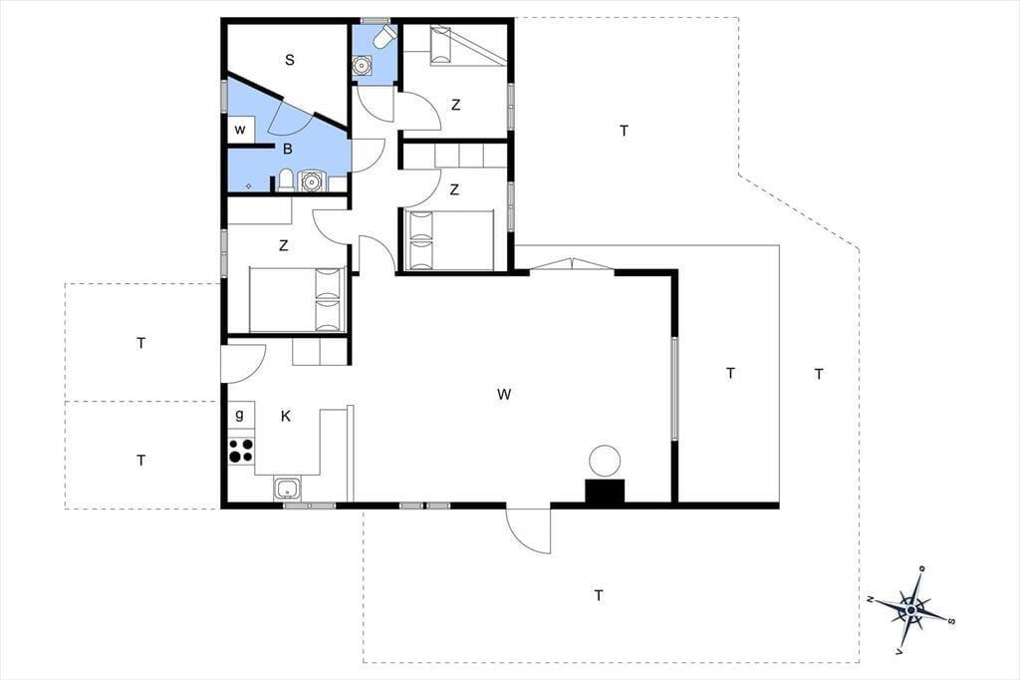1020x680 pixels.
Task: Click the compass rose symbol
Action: click(x=912, y=609)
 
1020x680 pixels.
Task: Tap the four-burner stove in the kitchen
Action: click(x=241, y=451)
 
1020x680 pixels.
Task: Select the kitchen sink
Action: click(x=287, y=489)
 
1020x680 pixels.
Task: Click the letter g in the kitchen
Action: click(x=239, y=415)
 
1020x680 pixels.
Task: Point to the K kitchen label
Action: click(x=286, y=416)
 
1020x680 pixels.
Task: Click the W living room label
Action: click(x=503, y=394)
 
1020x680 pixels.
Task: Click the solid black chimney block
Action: click(x=605, y=492)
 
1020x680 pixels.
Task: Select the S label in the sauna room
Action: click(x=290, y=60)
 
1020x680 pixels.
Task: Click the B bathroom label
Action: click(x=288, y=150)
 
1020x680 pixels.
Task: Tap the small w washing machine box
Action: click(x=240, y=130)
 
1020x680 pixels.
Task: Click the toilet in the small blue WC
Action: click(x=384, y=37)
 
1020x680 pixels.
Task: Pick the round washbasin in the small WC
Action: click(x=361, y=66)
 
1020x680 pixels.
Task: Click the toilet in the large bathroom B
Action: click(x=286, y=179)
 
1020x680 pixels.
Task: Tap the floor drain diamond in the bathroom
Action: click(x=248, y=186)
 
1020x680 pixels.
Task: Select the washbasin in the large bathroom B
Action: click(x=312, y=180)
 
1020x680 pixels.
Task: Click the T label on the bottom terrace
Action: click(x=599, y=595)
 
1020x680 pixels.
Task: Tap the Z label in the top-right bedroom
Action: click(x=455, y=105)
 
